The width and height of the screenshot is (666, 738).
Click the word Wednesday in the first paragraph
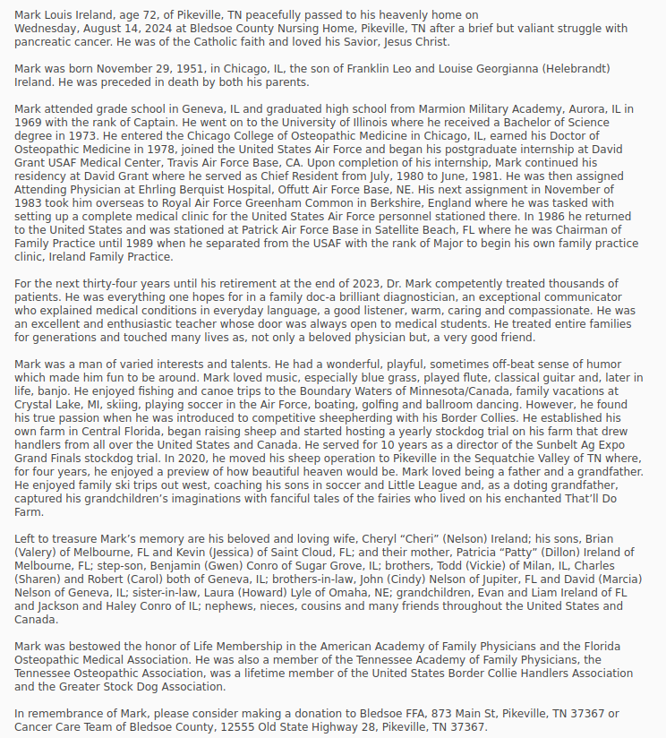point(47,28)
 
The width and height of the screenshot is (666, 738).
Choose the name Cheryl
point(377,538)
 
